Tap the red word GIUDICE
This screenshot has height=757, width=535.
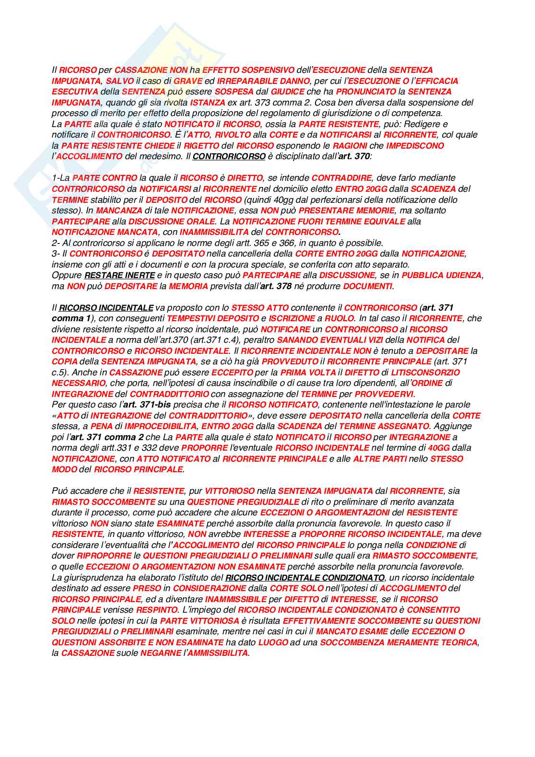tap(287, 92)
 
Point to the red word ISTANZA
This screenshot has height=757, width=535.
tap(208, 103)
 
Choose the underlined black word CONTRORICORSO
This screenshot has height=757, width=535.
tap(229, 157)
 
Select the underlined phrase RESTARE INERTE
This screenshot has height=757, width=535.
tap(119, 276)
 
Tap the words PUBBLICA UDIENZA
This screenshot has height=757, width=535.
tap(442, 276)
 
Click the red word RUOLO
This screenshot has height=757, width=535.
tap(339, 319)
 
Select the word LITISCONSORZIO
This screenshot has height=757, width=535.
tap(425, 373)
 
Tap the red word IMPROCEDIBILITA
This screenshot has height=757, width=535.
tap(161, 427)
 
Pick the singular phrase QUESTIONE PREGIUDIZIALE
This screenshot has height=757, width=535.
tap(243, 502)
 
